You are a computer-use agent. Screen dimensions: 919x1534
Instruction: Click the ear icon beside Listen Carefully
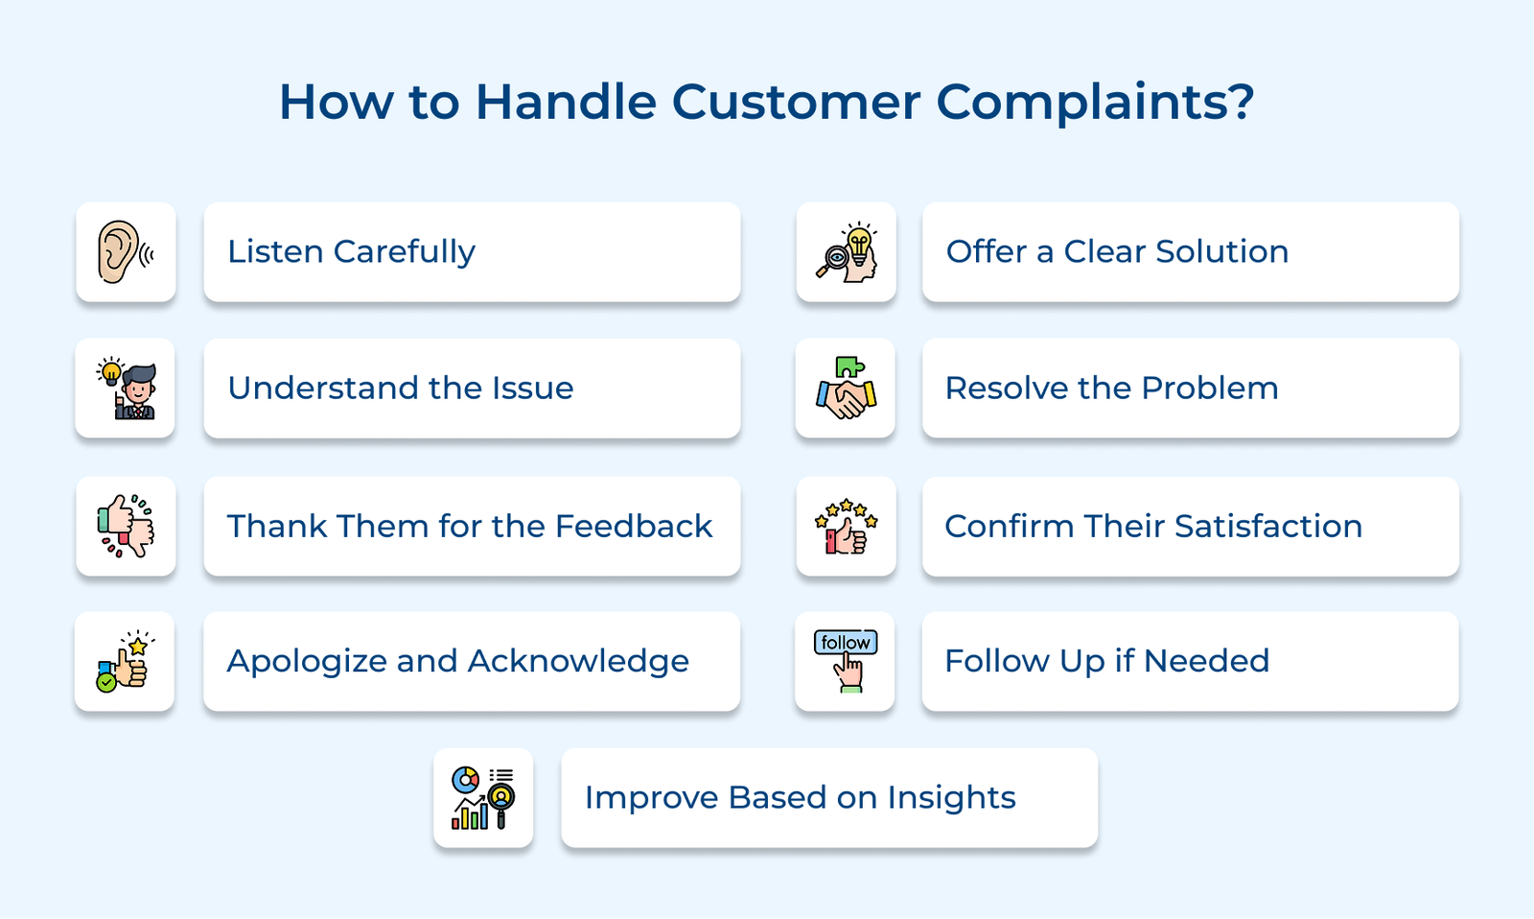[x=126, y=252]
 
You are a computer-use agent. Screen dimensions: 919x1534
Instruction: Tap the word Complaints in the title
[x=1095, y=102]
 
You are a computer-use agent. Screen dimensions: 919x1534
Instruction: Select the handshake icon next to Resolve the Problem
[x=846, y=389]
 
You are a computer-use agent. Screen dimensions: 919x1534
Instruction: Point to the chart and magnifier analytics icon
[x=483, y=797]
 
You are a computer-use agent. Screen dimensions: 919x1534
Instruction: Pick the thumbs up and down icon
[x=126, y=526]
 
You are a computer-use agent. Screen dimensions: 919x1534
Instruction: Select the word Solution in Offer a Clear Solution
[x=1221, y=251]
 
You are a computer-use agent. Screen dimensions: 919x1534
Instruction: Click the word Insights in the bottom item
[x=951, y=798]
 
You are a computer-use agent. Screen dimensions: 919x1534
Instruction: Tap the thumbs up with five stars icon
[x=846, y=526]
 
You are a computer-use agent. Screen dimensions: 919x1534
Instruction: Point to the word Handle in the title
[x=566, y=102]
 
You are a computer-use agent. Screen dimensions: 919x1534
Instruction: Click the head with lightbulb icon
[x=847, y=252]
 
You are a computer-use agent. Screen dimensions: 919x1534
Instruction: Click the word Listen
[x=275, y=251]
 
